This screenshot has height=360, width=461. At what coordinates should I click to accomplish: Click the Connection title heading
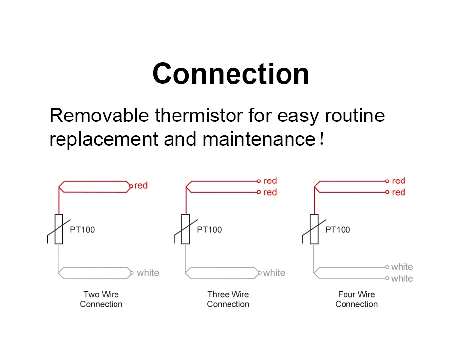230,74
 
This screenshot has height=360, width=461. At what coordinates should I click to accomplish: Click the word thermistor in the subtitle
198,115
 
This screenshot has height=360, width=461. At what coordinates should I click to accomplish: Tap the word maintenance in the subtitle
259,139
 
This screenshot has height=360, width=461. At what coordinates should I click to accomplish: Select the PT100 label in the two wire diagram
82,230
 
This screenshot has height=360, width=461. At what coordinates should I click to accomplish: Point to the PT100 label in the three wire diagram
209,230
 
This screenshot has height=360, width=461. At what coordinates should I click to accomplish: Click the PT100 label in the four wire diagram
338,230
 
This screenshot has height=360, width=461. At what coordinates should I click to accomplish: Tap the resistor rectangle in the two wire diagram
59,229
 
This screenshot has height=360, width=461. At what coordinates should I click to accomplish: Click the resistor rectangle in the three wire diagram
186,229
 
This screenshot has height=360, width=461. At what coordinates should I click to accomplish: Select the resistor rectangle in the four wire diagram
314,229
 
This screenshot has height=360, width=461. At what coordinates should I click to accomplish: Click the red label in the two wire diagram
141,185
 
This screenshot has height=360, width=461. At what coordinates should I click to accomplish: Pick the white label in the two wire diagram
148,273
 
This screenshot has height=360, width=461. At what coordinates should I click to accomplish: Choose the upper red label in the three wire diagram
270,180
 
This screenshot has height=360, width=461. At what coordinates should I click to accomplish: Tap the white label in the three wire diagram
274,273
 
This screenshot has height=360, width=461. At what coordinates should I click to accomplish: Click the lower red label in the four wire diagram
399,192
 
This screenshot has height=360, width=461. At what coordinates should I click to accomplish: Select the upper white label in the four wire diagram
402,267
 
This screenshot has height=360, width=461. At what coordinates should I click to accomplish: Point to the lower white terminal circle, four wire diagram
387,278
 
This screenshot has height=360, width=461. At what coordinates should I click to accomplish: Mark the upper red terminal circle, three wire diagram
259,181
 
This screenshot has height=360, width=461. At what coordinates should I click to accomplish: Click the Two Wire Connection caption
101,299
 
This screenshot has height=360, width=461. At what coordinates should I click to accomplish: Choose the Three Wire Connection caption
228,299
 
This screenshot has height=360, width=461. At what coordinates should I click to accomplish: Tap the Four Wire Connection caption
356,299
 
